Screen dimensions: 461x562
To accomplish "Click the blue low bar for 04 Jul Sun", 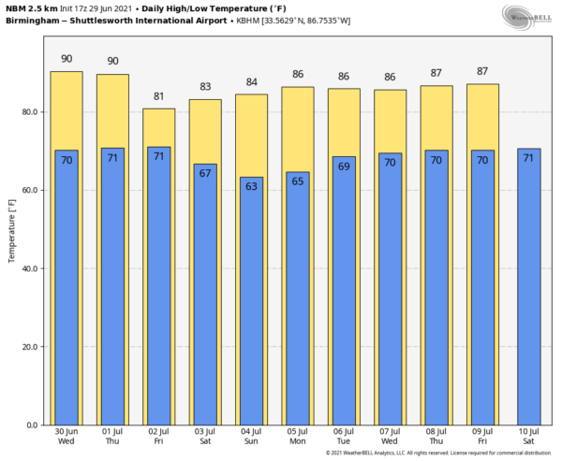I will point(251,309).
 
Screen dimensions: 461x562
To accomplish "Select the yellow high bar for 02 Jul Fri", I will point(158,127).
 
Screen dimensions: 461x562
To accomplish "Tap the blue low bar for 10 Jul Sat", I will point(528,299).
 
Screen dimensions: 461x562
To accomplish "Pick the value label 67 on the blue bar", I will point(205,174).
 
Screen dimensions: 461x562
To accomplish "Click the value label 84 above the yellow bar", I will point(251,83).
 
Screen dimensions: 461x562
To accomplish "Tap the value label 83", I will point(205,87).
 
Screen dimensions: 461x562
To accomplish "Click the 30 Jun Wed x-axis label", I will point(66,437).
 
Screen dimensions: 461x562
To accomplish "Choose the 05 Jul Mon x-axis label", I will point(297,437).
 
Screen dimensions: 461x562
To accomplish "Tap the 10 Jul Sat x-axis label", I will point(528,437).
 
